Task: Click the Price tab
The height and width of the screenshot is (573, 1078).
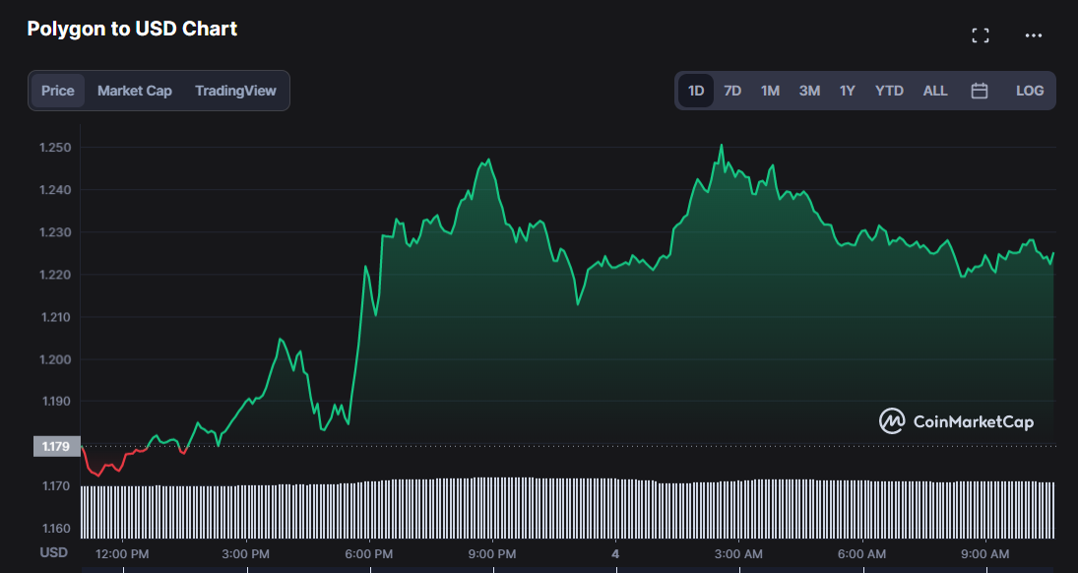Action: point(58,91)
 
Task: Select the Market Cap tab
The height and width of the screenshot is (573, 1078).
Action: point(135,91)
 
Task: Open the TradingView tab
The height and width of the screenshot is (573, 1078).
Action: point(235,91)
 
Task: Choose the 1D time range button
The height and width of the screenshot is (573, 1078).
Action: point(696,91)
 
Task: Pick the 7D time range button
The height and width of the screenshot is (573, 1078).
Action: point(732,91)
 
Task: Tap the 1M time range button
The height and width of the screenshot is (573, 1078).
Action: point(770,91)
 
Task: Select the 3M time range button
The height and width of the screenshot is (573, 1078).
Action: point(809,91)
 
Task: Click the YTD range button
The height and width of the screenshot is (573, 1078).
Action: point(889,91)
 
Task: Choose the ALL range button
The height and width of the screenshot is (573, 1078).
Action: point(935,91)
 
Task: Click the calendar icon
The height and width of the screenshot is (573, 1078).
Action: point(980,91)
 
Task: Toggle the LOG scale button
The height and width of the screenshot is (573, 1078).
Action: point(1030,91)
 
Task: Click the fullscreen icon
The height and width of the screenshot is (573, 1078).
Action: point(981,35)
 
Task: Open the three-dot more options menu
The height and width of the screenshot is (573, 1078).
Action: point(1033,35)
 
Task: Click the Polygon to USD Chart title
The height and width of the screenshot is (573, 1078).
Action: point(132,29)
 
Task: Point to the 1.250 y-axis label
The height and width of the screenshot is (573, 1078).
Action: point(54,148)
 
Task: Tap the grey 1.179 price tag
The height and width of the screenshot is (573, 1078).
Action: point(54,446)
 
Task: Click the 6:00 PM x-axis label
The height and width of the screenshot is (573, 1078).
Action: point(370,554)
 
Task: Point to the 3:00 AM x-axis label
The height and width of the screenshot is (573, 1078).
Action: point(739,554)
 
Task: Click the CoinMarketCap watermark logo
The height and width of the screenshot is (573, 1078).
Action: point(956,421)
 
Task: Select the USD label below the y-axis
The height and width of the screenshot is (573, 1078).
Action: point(53,552)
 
